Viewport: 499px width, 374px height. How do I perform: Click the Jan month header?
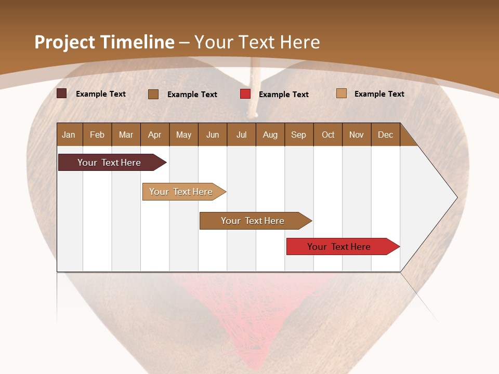[69, 135]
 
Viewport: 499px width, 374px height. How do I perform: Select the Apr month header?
[154, 135]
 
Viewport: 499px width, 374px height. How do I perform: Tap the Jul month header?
[241, 135]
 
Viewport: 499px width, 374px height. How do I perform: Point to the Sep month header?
[298, 135]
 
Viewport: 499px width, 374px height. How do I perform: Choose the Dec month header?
[385, 135]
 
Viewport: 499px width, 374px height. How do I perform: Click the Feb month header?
[97, 135]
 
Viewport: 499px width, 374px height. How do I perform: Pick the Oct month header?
[328, 135]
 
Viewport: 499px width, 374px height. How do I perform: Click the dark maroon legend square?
[62, 94]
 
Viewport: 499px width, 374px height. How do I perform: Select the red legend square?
[245, 94]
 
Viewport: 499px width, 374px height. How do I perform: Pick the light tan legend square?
[342, 94]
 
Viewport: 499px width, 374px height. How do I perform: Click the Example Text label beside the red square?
[283, 95]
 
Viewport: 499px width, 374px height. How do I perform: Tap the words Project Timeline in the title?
[104, 42]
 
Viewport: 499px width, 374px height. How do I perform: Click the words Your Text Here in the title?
[257, 42]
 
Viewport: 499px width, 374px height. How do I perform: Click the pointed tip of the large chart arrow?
[456, 197]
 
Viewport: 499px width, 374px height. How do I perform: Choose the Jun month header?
[213, 135]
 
